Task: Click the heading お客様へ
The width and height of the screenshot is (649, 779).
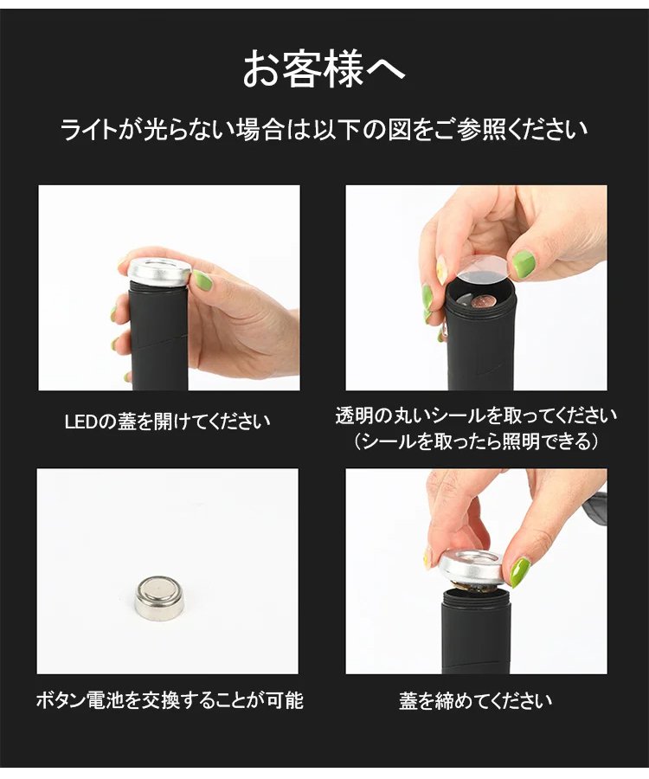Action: click(324, 68)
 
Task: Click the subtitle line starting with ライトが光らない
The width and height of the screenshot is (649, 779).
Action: click(324, 130)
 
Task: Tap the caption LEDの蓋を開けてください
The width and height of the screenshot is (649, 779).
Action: click(168, 422)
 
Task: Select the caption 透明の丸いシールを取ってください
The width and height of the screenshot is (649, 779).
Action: click(476, 415)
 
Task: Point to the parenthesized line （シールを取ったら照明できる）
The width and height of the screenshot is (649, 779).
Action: click(476, 441)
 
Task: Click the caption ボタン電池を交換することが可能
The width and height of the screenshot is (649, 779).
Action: click(170, 700)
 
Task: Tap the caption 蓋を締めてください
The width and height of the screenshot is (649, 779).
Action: click(476, 700)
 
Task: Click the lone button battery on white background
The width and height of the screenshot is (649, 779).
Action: click(159, 597)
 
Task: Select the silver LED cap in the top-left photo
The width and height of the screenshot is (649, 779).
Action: click(159, 273)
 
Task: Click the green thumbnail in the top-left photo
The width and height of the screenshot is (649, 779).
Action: click(202, 281)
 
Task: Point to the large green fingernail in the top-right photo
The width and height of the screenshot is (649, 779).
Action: click(524, 264)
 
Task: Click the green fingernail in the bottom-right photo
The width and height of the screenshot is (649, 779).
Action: click(519, 572)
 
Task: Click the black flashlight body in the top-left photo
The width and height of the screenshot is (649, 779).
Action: click(158, 338)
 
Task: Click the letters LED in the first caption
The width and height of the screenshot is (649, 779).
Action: click(81, 422)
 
